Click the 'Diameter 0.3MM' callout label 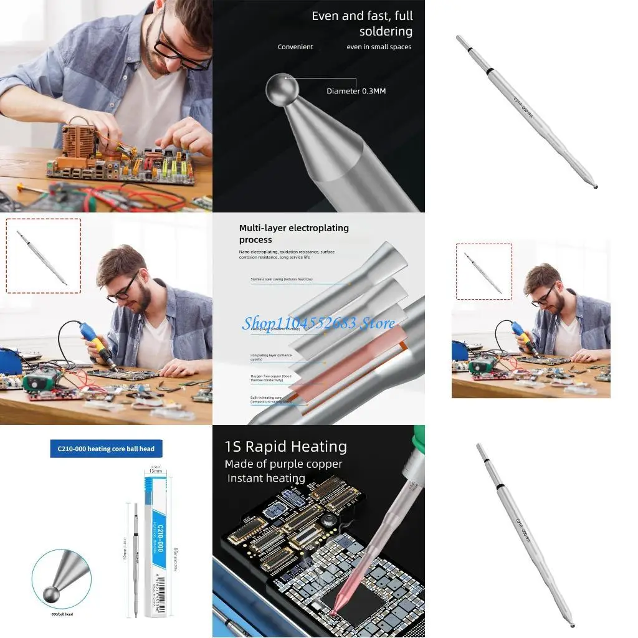tap(356, 91)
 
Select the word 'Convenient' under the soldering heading tap(295, 47)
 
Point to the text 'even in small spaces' tap(379, 47)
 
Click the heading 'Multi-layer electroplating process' tap(293, 234)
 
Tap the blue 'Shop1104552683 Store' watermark tap(318, 323)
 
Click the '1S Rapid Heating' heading tap(285, 447)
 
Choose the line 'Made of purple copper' tap(283, 464)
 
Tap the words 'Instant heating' tap(266, 478)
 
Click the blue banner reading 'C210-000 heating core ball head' tap(102, 449)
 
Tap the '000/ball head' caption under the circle tap(61, 614)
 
